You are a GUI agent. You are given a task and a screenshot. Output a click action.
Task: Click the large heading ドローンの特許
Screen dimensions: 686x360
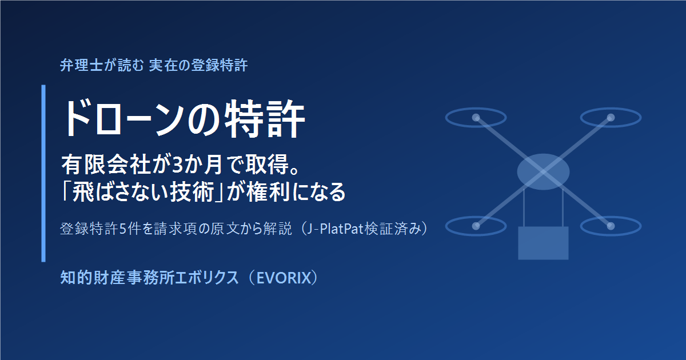click(184, 119)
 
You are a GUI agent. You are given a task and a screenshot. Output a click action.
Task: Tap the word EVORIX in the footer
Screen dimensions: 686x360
click(284, 278)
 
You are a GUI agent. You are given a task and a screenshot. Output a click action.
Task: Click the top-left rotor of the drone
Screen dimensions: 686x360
click(476, 118)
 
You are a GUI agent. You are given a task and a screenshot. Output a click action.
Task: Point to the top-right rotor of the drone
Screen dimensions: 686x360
click(611, 118)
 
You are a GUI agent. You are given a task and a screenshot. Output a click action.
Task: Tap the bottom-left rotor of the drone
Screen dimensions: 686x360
click(476, 226)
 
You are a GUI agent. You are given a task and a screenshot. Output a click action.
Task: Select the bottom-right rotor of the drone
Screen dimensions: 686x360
click(611, 226)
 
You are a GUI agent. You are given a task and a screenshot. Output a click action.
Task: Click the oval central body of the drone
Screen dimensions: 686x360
click(543, 172)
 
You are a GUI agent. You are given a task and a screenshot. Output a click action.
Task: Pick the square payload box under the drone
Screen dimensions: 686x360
click(543, 243)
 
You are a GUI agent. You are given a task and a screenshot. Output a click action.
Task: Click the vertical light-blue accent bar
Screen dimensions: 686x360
click(43, 173)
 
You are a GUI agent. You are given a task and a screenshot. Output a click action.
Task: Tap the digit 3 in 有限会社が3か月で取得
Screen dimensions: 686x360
click(177, 165)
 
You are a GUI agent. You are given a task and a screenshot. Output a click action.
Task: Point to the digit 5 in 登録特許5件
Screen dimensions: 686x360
click(122, 229)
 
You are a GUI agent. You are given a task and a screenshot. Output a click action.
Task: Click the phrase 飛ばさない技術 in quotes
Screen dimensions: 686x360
click(143, 192)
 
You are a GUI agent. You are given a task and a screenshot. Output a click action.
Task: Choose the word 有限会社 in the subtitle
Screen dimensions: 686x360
click(106, 165)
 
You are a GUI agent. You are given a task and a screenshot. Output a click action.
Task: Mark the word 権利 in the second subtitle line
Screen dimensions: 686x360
click(269, 192)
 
